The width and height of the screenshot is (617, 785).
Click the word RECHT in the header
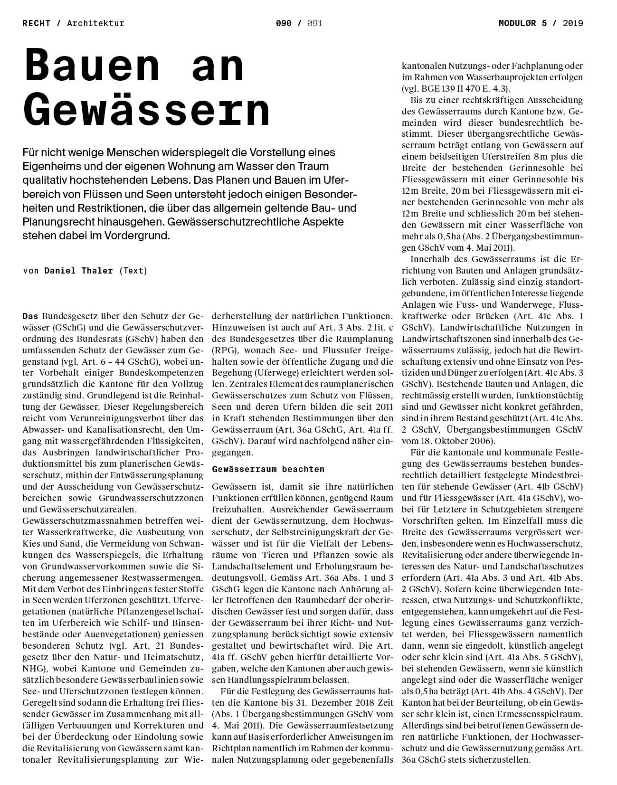(x=36, y=23)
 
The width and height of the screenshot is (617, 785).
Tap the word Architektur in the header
(x=95, y=23)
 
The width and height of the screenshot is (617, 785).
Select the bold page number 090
(x=284, y=23)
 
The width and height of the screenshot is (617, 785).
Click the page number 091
(x=315, y=23)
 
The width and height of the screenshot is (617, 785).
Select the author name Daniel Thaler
(x=78, y=271)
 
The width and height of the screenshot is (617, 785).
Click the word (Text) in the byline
(x=133, y=271)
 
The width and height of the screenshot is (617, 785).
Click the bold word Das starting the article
(x=30, y=316)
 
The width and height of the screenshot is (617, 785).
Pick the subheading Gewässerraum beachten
(x=268, y=469)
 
